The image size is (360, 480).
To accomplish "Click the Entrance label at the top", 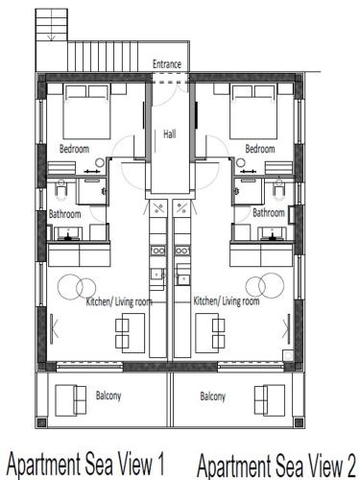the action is click(167, 64).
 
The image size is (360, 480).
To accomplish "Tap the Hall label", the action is click(170, 133).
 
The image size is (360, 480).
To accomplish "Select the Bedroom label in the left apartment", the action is click(74, 149).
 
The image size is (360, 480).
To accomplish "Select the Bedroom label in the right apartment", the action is click(260, 149).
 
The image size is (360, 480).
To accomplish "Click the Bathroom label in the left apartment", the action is click(65, 214).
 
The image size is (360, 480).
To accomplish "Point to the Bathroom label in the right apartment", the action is click(269, 212).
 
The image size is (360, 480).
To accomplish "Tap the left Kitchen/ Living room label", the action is click(119, 301).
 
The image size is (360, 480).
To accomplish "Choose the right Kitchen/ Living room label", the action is click(227, 301).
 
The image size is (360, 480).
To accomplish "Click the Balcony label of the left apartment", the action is click(108, 396).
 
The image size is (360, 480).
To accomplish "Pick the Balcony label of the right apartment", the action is click(213, 396).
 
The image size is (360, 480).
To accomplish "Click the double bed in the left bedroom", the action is click(87, 111).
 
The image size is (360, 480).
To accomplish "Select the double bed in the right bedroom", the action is click(253, 111).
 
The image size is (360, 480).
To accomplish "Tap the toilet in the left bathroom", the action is click(60, 189).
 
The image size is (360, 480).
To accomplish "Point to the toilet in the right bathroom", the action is click(279, 189).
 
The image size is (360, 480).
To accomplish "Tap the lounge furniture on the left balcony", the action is click(70, 400).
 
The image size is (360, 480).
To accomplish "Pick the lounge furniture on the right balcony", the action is click(270, 400).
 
